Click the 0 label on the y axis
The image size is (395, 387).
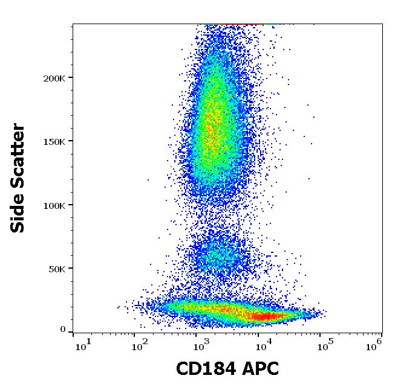pyautogui.click(x=63, y=330)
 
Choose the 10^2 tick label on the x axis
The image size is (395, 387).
pyautogui.click(x=140, y=345)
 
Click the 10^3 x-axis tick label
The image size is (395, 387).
pyautogui.click(x=201, y=345)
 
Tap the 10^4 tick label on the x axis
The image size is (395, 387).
pyautogui.click(x=262, y=345)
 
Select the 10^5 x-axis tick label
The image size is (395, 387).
pyautogui.click(x=324, y=345)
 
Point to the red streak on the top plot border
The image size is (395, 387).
pyautogui.click(x=242, y=24)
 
